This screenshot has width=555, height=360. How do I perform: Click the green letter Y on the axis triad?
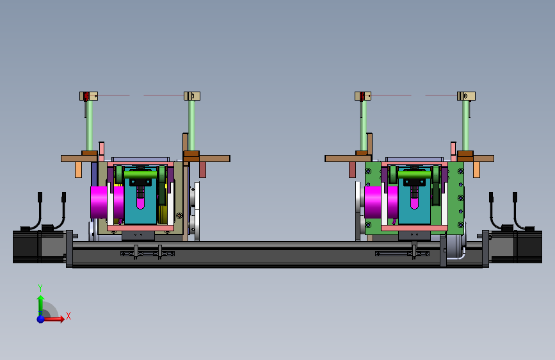[40, 288]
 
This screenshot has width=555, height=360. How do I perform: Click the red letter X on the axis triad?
[68, 316]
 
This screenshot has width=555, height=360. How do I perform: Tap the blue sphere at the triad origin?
[41, 319]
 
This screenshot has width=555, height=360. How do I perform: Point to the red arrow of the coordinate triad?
[54, 319]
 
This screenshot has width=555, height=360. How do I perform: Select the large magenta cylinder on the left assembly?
[99, 202]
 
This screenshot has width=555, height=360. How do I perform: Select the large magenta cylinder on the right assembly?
[373, 202]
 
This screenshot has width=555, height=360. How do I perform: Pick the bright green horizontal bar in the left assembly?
[140, 175]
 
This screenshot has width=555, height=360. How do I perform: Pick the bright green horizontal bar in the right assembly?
[414, 175]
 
